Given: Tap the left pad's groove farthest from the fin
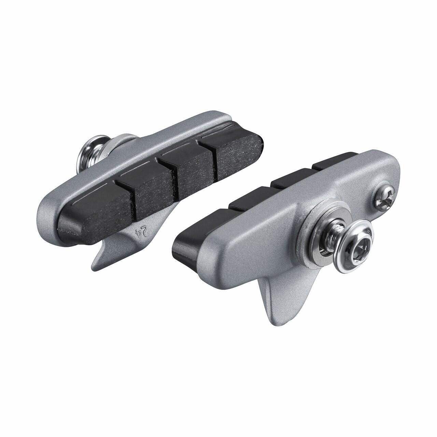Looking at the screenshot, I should tap(213, 160).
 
